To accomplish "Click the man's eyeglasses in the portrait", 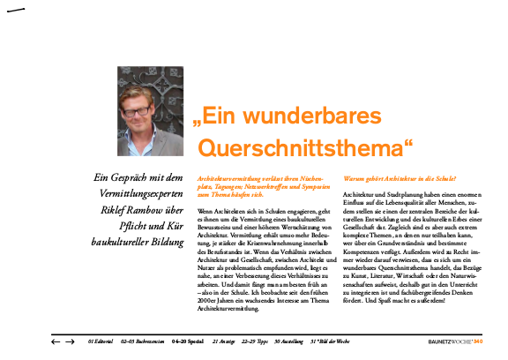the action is (x=146, y=112).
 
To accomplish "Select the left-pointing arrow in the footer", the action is (x=56, y=340).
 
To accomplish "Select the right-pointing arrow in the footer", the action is (x=70, y=340).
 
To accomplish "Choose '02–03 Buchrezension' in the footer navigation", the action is (x=144, y=340).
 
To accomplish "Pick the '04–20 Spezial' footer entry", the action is (x=189, y=340).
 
